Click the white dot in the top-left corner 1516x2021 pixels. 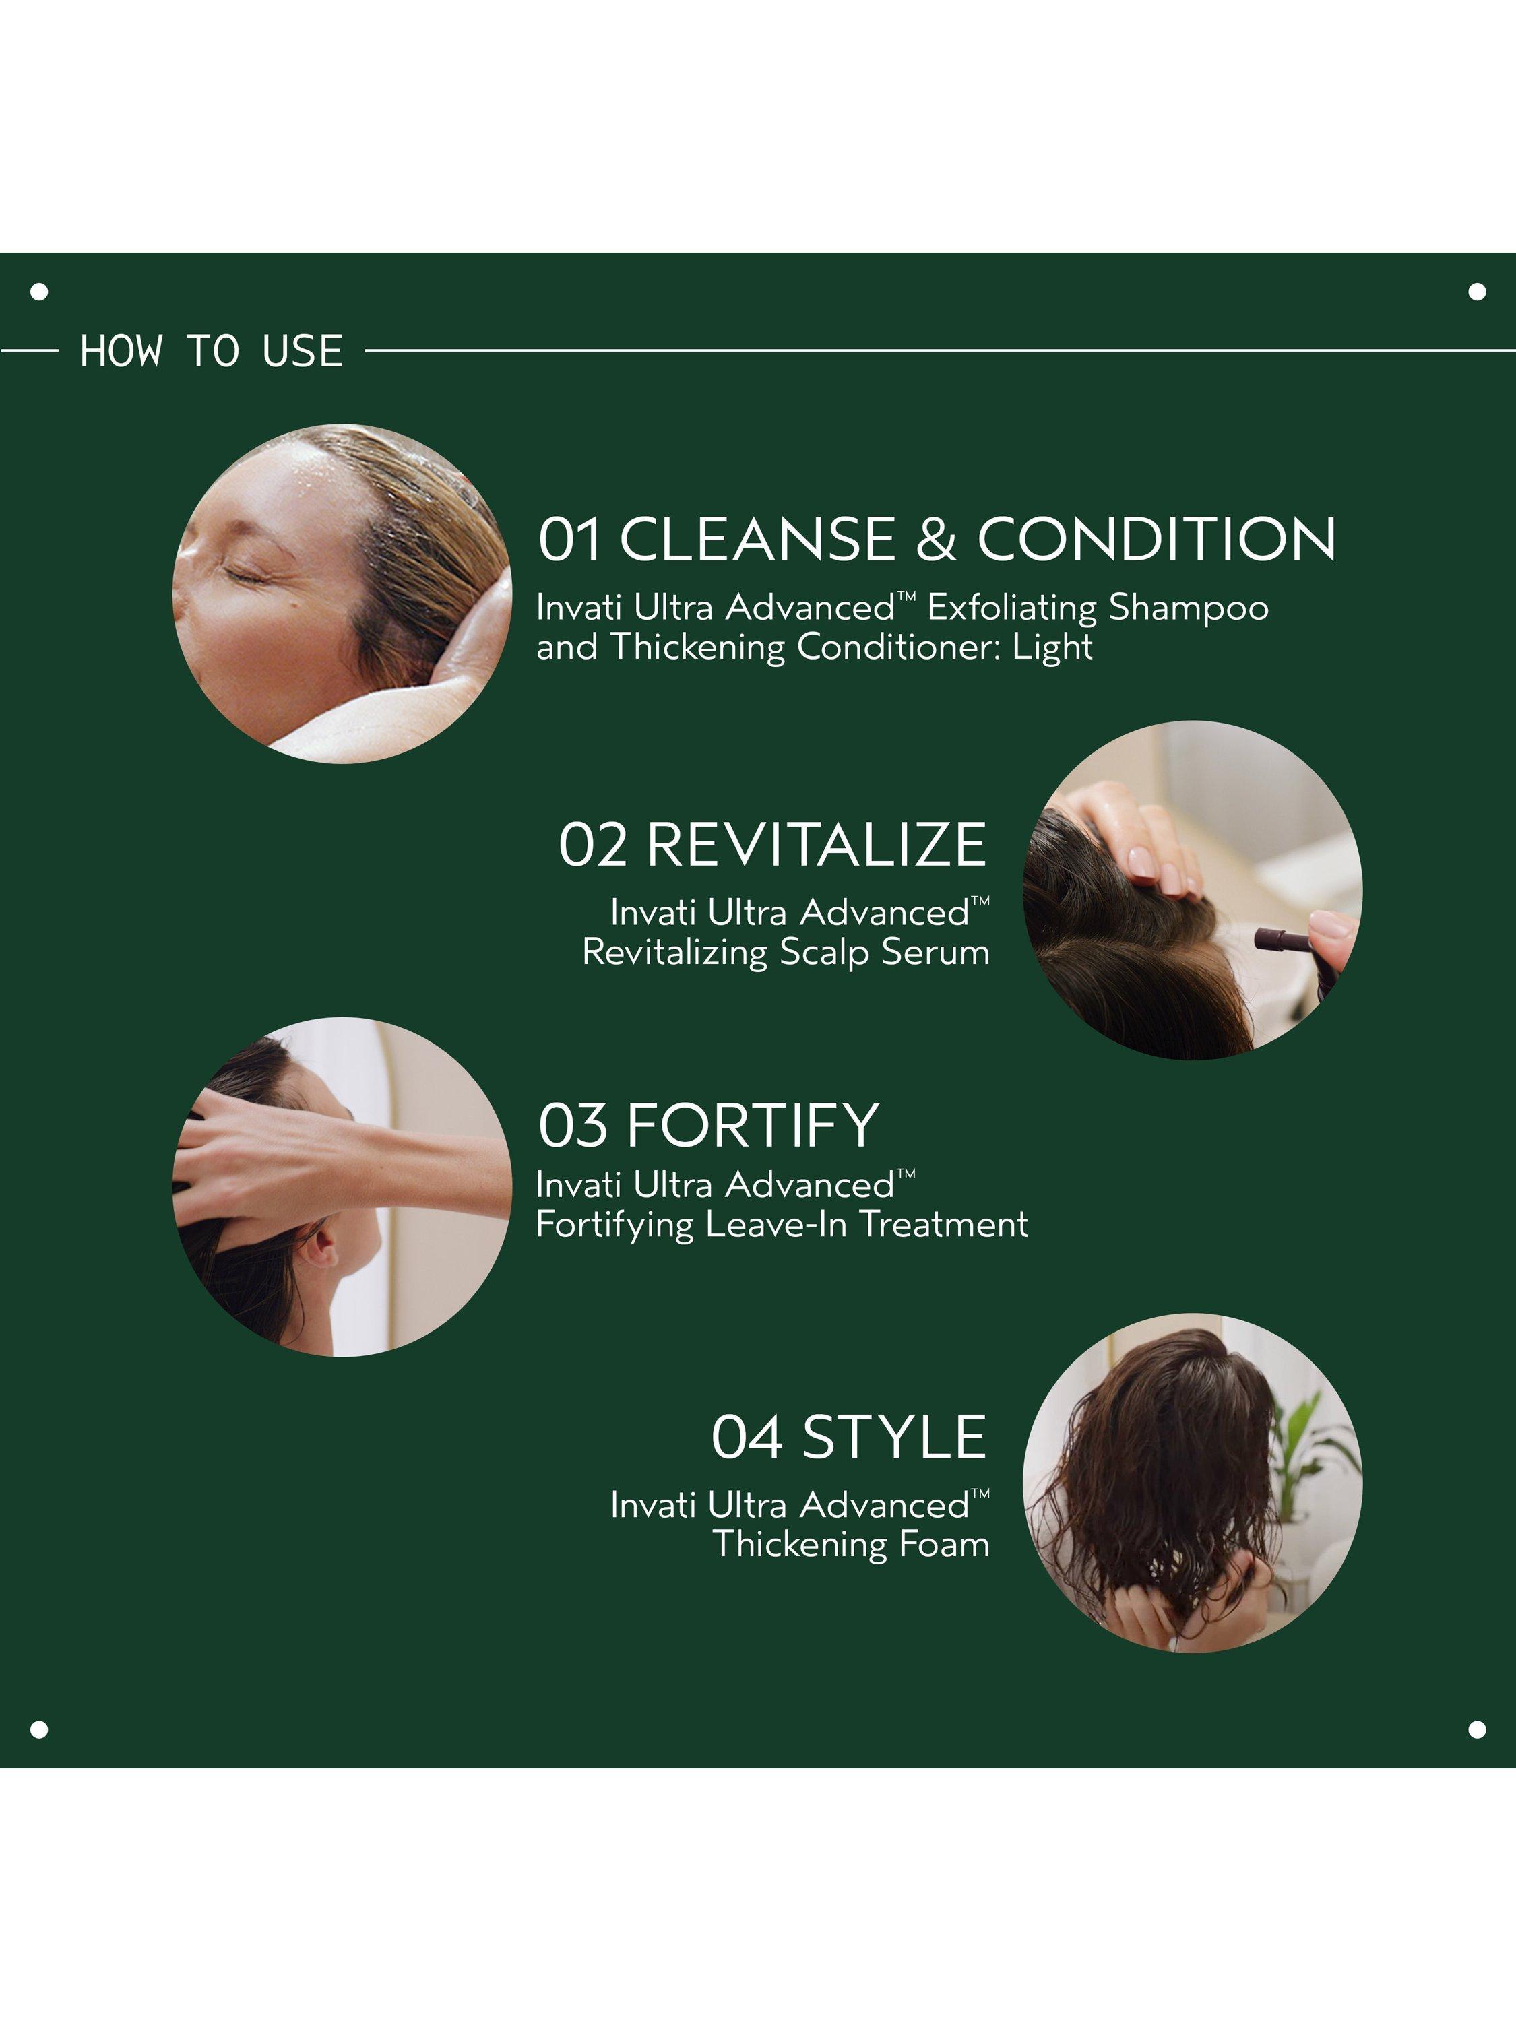coord(39,292)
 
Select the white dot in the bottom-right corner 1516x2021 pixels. coord(1477,1729)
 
